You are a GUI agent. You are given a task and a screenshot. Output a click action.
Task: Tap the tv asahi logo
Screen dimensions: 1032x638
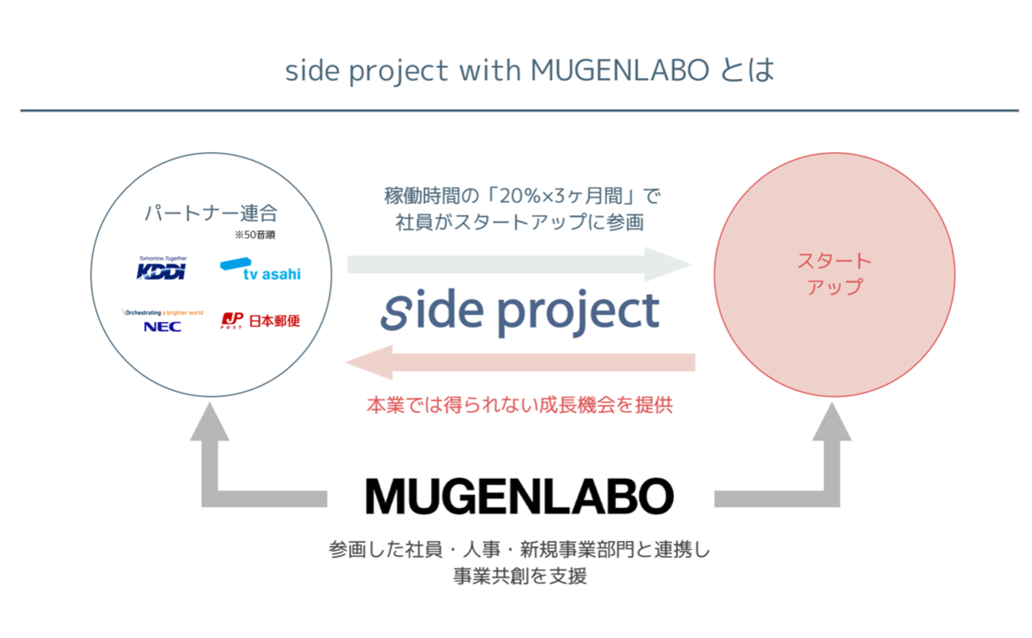click(260, 269)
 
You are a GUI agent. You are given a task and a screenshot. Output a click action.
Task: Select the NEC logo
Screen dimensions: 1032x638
click(162, 321)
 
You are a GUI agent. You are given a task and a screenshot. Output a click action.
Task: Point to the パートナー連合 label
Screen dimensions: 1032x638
click(211, 213)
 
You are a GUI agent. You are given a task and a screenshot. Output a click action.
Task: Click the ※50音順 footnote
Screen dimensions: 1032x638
click(255, 235)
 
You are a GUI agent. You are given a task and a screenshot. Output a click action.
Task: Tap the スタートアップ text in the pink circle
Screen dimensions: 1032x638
click(835, 274)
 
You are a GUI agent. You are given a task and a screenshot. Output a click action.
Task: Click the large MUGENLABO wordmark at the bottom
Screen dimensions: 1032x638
click(520, 496)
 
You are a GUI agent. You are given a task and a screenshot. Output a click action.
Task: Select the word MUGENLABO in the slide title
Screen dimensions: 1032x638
click(620, 71)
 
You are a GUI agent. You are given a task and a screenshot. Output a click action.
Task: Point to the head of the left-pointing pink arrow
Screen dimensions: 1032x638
click(370, 362)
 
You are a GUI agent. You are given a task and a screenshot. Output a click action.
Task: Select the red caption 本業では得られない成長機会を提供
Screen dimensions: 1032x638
click(520, 405)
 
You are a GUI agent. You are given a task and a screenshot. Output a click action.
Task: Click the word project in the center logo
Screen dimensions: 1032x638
click(579, 313)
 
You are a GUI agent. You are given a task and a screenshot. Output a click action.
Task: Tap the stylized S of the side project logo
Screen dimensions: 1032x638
click(396, 312)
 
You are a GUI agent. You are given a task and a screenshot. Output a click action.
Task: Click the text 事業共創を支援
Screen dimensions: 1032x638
click(520, 576)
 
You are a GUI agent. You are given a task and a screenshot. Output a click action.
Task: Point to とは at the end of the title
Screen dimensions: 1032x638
click(747, 71)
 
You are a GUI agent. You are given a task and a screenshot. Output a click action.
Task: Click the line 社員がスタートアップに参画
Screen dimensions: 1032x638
click(520, 223)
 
